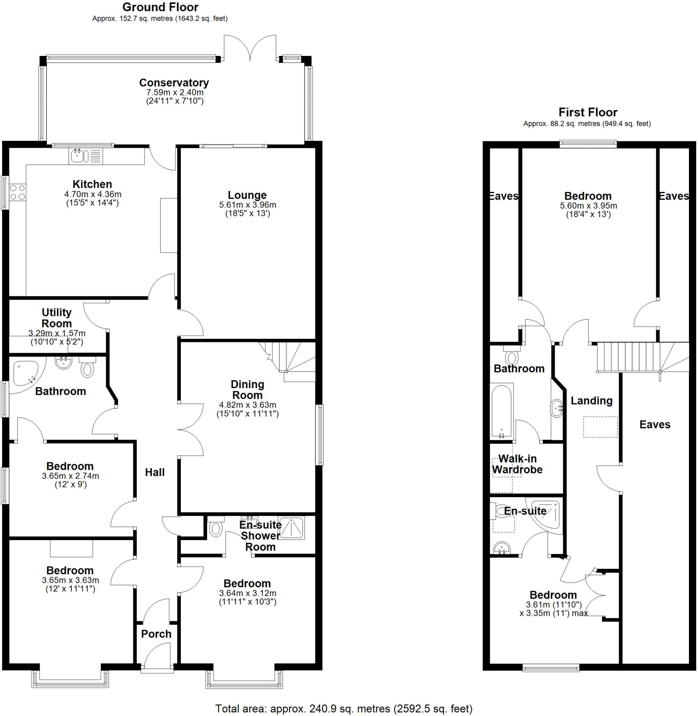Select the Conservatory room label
pyautogui.click(x=174, y=83)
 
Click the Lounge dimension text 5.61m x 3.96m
pyautogui.click(x=248, y=205)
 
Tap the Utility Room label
pyautogui.click(x=57, y=318)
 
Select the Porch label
pyautogui.click(x=156, y=634)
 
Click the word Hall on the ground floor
pyautogui.click(x=154, y=472)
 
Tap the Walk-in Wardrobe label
pyautogui.click(x=517, y=464)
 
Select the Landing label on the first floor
pyautogui.click(x=591, y=401)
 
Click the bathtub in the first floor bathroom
pyautogui.click(x=501, y=411)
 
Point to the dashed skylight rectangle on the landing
pyautogui.click(x=600, y=427)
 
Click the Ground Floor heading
pyautogui.click(x=160, y=7)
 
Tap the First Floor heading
pyautogui.click(x=588, y=112)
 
